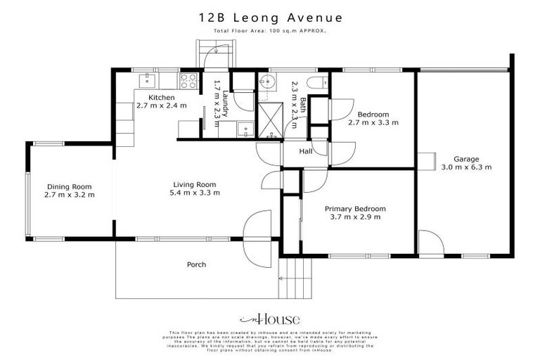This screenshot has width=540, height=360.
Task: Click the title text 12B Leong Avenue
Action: point(269,16)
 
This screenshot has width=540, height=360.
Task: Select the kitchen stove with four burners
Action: point(188,79)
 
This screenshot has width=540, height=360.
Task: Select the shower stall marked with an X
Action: point(270,116)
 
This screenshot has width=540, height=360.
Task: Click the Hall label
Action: point(305,151)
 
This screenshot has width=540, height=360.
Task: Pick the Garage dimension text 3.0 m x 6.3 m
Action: point(465,167)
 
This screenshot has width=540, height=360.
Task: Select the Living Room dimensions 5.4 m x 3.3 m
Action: point(194,194)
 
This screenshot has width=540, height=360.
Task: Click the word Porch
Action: point(196,265)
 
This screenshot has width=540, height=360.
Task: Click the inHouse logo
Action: point(269,319)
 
